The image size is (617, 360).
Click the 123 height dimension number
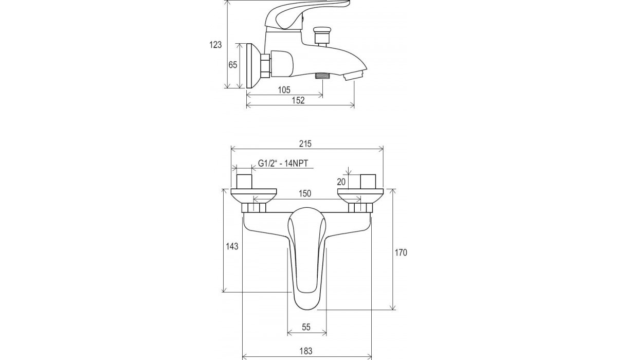[215, 45]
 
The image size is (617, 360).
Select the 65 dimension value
[233, 65]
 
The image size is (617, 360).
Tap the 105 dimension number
[284, 90]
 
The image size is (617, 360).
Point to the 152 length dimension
[298, 100]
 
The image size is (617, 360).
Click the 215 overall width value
[305, 144]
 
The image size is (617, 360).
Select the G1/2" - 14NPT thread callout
[283, 164]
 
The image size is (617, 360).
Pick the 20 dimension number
[341, 182]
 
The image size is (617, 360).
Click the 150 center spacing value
[305, 194]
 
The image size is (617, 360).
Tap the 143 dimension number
[232, 246]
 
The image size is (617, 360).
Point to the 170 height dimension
[401, 253]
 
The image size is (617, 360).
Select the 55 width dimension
[306, 327]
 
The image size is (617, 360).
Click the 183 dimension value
[306, 351]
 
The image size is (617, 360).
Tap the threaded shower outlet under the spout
[322, 76]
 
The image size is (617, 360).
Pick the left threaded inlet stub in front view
[244, 182]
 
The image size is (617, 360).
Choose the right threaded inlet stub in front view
[368, 182]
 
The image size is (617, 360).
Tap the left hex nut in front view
[254, 208]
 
